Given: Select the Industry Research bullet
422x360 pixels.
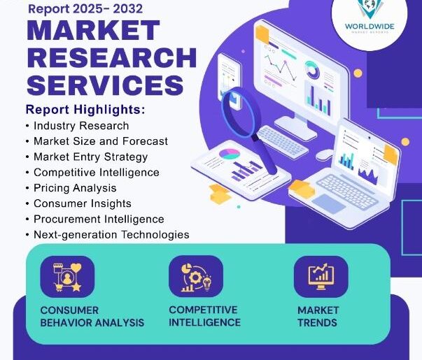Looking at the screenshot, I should click(81, 126).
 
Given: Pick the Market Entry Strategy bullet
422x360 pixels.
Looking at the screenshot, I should click(90, 157).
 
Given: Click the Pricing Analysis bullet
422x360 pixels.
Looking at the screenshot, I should click(75, 188).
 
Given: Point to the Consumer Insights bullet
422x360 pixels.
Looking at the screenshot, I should click(82, 203).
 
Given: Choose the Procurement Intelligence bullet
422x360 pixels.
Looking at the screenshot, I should click(99, 219).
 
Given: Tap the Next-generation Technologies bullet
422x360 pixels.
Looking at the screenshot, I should click(111, 235).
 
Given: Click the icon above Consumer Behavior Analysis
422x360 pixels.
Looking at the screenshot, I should click(67, 277).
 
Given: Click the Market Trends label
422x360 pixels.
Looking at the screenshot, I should click(318, 316).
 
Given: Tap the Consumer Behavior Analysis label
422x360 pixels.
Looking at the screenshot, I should click(92, 316).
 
